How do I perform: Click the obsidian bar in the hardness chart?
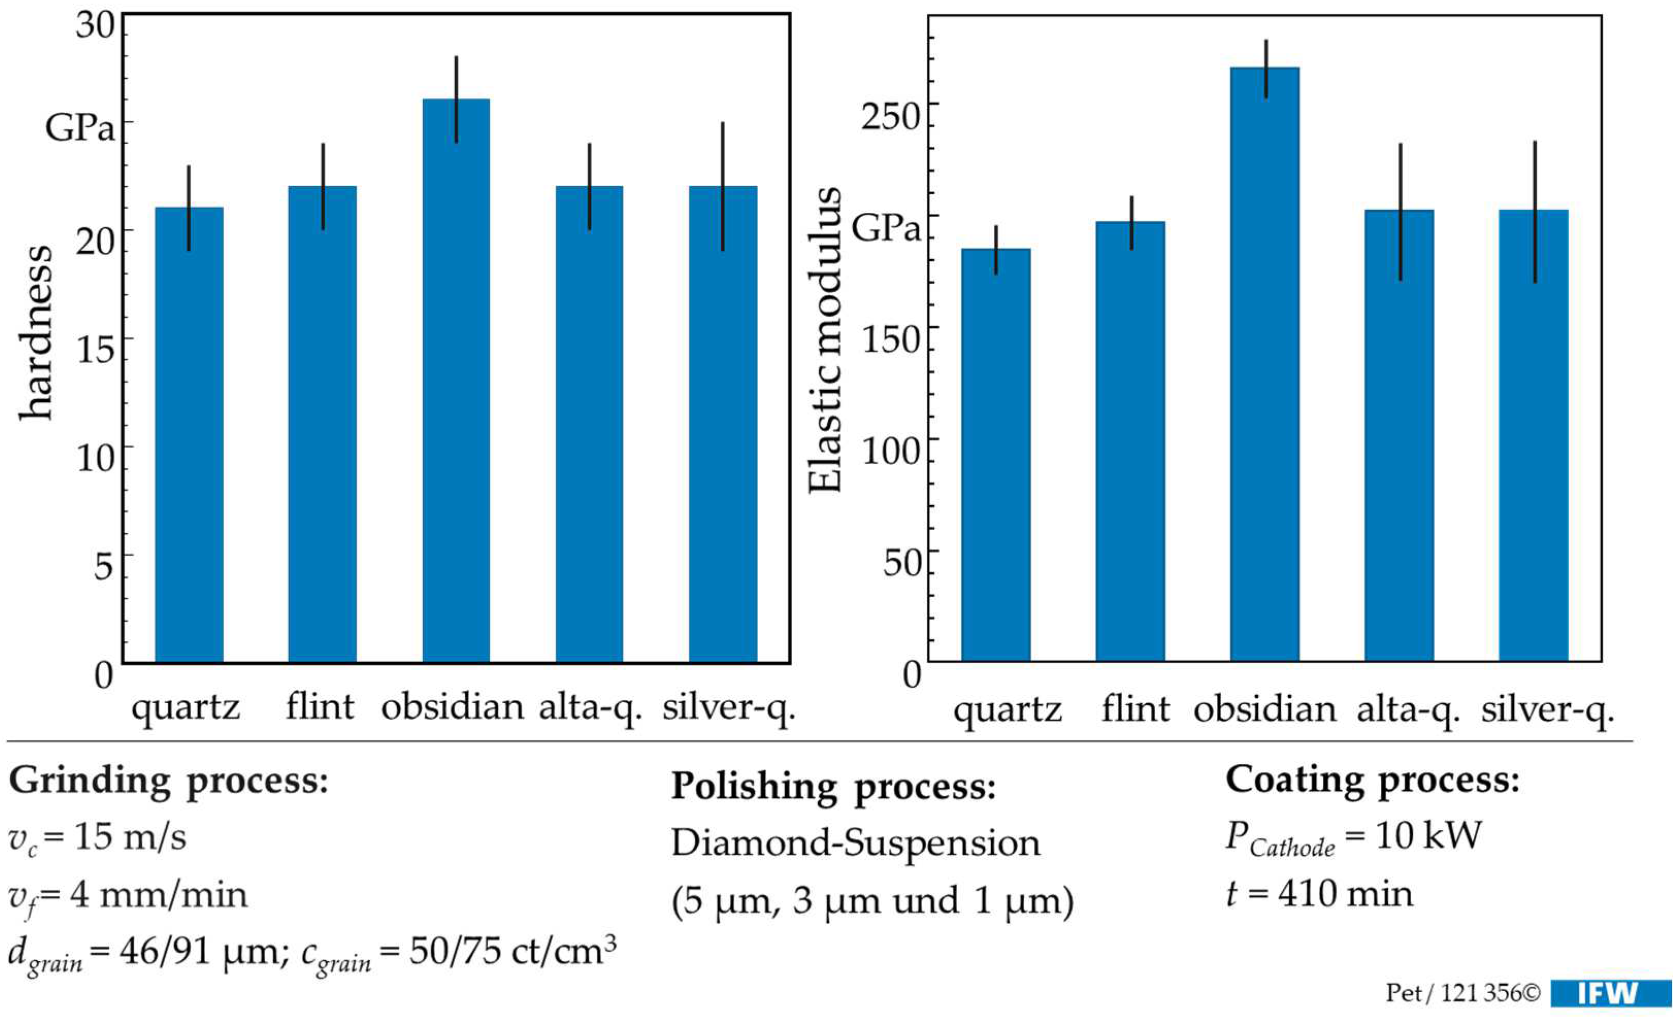tap(456, 381)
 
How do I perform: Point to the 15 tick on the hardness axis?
tap(95, 349)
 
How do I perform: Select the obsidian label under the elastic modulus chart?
tap(1265, 709)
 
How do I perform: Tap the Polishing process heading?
tap(833, 787)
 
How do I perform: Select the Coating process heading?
tap(1372, 779)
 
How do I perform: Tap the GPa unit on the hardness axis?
tap(80, 127)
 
